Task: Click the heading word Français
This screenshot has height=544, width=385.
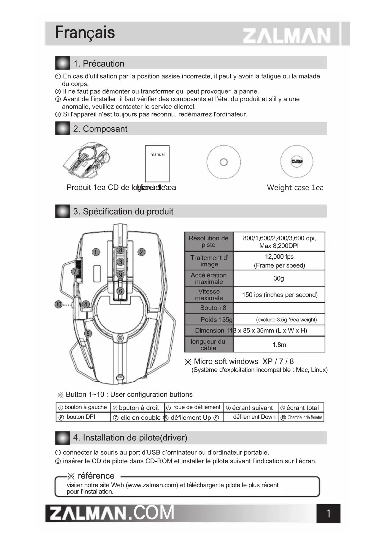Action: coord(85,33)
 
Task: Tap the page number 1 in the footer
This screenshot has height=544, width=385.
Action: coord(329,514)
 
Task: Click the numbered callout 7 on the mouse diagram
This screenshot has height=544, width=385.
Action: coord(75,272)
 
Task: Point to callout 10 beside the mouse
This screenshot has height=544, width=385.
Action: coord(58,304)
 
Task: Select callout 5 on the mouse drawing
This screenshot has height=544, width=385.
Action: coord(88,333)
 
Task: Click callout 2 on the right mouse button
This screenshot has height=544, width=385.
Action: coord(141,252)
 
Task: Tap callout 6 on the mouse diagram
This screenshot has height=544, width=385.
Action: coord(121,291)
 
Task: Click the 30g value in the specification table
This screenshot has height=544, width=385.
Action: coord(279,278)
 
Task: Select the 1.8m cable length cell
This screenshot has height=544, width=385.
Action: coord(279,345)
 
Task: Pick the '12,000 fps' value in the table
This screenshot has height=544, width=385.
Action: coord(279,257)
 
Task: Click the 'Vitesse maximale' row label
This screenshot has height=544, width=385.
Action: coord(209,295)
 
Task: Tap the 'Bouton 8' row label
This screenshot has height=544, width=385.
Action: coord(213,308)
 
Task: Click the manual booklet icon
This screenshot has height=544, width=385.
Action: coord(157,163)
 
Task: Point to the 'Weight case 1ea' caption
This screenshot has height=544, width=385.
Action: coord(295,188)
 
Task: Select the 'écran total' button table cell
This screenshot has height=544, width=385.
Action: coord(301,408)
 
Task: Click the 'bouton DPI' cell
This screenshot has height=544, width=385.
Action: coord(81,417)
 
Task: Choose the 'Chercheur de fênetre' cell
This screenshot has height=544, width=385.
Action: coord(302,417)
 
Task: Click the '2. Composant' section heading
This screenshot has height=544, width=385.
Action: coord(100,129)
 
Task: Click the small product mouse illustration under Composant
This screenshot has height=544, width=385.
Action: coord(87,161)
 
